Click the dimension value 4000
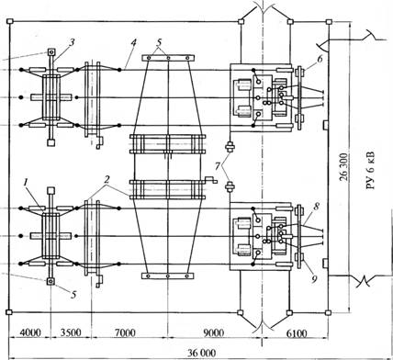coord(30,332)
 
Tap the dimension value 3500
coord(71,332)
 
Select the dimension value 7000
coord(125,332)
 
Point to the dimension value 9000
coord(214,332)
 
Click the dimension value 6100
coord(297,332)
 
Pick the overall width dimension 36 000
coord(202,353)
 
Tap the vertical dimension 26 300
coord(343,167)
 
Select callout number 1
coord(27,183)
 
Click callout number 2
coord(107,180)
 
